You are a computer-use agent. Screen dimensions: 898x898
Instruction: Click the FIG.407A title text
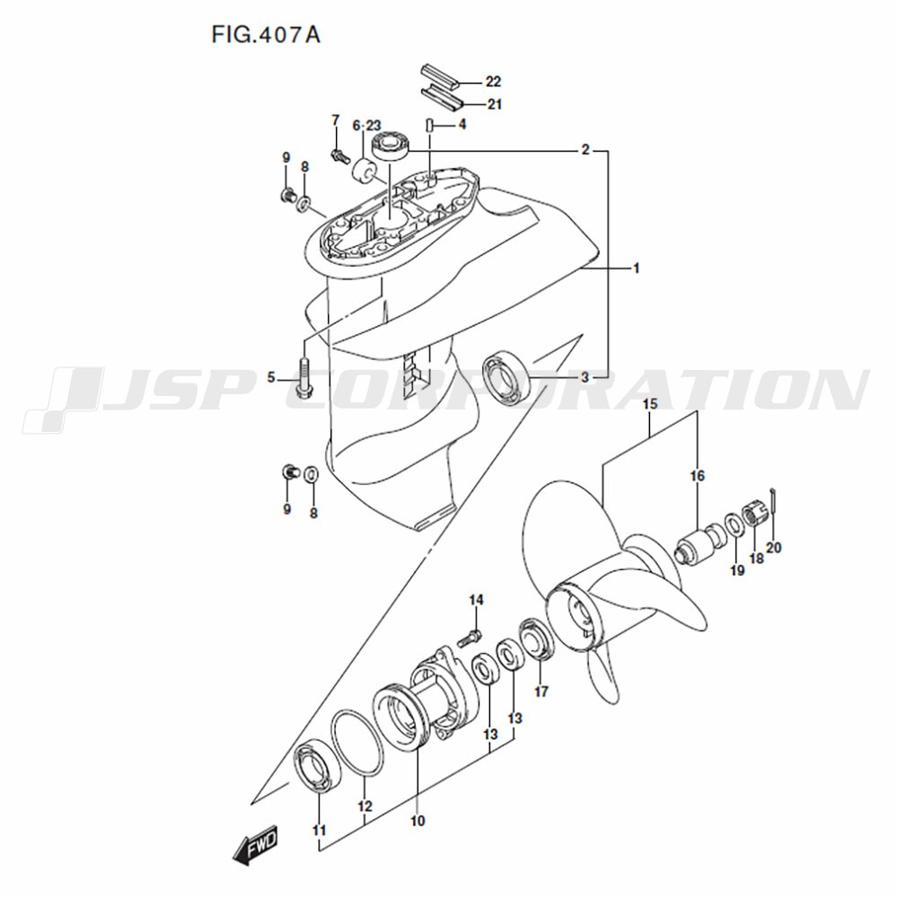pyautogui.click(x=266, y=35)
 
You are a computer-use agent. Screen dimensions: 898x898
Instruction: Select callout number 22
pyautogui.click(x=493, y=82)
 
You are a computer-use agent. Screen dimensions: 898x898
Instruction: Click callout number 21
pyautogui.click(x=494, y=104)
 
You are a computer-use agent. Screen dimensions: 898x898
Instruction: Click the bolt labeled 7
pyautogui.click(x=340, y=154)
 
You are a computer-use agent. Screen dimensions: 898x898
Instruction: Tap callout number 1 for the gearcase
pyautogui.click(x=636, y=268)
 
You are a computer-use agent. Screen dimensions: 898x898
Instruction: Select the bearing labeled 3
pyautogui.click(x=506, y=379)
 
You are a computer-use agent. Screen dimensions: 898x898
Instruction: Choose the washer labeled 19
pyautogui.click(x=733, y=524)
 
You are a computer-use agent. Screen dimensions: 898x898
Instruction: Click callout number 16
pyautogui.click(x=697, y=476)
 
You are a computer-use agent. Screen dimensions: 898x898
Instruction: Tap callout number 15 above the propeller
pyautogui.click(x=649, y=404)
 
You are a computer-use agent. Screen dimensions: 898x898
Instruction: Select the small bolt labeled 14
pyautogui.click(x=471, y=637)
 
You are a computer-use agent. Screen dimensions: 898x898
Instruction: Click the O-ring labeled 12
pyautogui.click(x=358, y=744)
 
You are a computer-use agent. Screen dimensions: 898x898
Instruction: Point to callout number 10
pyautogui.click(x=418, y=821)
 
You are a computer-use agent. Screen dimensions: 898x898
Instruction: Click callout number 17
pyautogui.click(x=541, y=691)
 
